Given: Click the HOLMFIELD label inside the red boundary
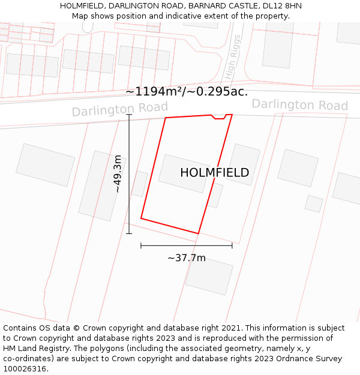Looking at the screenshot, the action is (214, 173).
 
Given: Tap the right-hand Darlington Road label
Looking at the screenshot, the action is (299, 105).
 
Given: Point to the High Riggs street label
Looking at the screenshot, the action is (232, 58).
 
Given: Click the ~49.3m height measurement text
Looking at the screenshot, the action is (118, 174).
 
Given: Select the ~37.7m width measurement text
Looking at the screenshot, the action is (186, 258).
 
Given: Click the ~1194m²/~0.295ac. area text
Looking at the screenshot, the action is (187, 92).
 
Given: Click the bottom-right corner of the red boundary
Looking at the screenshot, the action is (198, 233).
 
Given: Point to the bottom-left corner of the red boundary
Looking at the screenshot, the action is (141, 218).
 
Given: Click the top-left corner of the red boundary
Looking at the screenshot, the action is (165, 118).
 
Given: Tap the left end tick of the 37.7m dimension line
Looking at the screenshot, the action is (141, 245).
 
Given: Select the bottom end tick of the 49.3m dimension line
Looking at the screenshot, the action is (129, 233).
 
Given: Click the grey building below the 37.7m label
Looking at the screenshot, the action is (209, 276).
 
